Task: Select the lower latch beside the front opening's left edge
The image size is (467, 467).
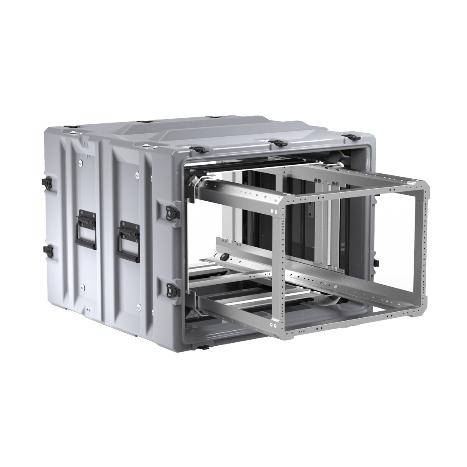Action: [x=172, y=289]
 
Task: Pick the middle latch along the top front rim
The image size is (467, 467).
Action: [x=278, y=142]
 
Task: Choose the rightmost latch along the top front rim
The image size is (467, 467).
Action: [x=352, y=137]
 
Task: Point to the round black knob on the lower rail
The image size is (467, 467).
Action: [x=223, y=257]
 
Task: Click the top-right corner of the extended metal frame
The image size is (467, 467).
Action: [x=426, y=186]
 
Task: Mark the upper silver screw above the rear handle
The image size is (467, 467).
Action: [x=81, y=163]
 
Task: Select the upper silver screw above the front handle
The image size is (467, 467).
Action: [x=136, y=174]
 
